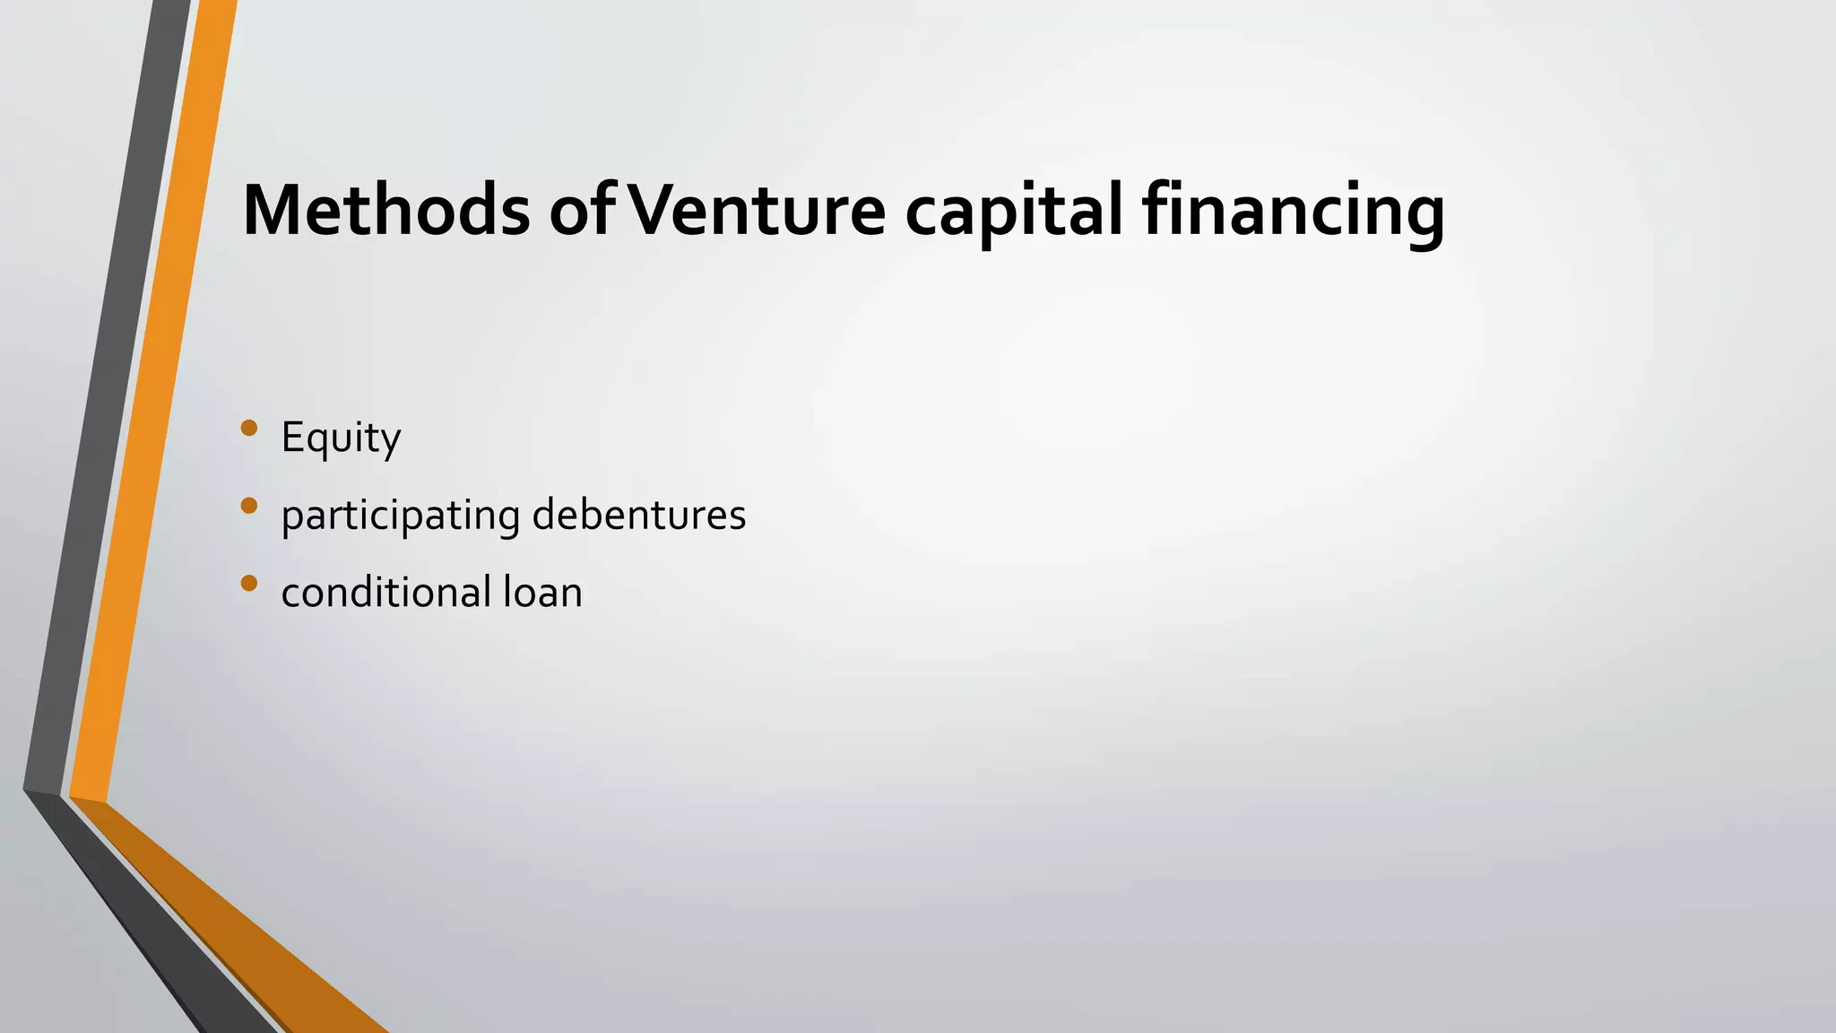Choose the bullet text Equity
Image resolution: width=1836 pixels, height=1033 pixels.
coord(341,438)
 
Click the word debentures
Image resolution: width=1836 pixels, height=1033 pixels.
coord(638,515)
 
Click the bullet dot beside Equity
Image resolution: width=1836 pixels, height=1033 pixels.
coord(249,429)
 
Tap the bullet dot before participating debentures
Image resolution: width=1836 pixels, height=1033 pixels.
coord(249,506)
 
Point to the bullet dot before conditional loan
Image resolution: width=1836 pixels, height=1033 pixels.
coord(249,584)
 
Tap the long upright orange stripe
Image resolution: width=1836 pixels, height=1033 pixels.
coord(152,404)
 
